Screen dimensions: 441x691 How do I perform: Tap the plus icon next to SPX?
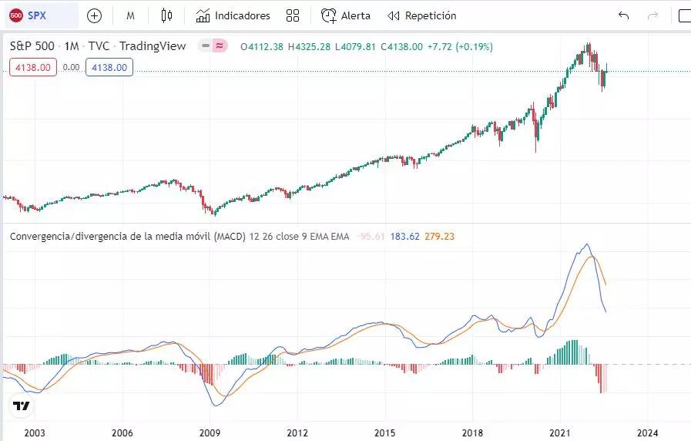tap(94, 15)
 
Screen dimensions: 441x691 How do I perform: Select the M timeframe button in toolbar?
tap(131, 15)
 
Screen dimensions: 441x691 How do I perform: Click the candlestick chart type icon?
tap(166, 15)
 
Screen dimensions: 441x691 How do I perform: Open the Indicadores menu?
tap(233, 15)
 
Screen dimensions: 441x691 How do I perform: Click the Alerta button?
tap(346, 15)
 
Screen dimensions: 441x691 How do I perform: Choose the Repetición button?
tap(421, 15)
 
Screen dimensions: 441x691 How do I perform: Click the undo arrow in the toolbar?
tap(623, 15)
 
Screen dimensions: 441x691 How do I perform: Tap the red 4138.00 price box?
tap(33, 68)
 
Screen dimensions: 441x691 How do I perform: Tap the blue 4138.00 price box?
tap(109, 68)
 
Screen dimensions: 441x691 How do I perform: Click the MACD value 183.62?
tap(405, 236)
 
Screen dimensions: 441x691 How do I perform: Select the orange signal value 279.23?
tap(439, 236)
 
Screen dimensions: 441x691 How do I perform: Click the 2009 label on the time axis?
tap(210, 433)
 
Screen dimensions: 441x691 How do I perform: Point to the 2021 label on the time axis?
tap(560, 433)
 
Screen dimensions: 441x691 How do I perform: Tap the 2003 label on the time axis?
tap(34, 433)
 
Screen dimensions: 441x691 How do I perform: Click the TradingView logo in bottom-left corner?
tap(22, 406)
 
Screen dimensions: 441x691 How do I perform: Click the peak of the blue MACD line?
tap(587, 245)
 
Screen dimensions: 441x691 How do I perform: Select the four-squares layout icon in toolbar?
tap(293, 15)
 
